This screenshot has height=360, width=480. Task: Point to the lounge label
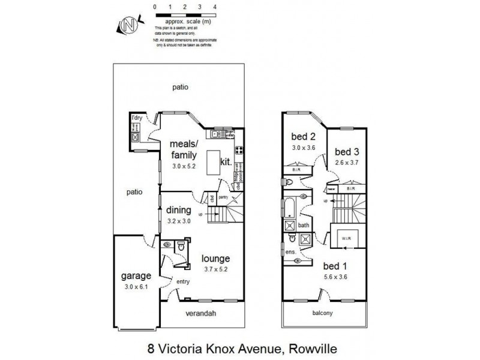click(216, 259)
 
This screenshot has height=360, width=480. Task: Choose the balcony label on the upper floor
click(323, 313)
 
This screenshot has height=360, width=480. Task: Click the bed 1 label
click(334, 266)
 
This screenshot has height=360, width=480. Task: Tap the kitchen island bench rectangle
click(213, 163)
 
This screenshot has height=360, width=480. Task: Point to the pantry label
click(226, 196)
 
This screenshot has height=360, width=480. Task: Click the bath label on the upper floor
click(304, 226)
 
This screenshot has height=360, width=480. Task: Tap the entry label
click(182, 281)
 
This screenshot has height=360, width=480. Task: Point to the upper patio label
click(180, 87)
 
